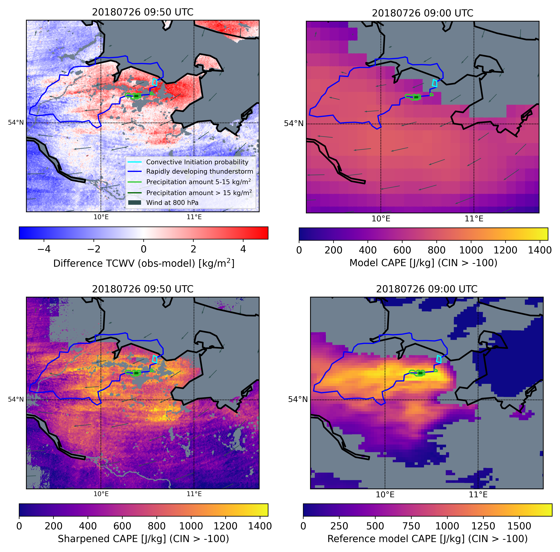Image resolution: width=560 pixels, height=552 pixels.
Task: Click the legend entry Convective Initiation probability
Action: click(x=197, y=162)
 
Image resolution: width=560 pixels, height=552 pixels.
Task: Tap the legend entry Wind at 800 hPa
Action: click(x=172, y=203)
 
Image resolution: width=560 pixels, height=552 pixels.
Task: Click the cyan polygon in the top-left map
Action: click(x=155, y=82)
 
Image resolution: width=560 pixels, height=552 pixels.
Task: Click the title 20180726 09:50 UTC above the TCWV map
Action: click(x=143, y=12)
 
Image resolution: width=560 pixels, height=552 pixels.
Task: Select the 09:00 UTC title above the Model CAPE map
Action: click(x=423, y=13)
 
